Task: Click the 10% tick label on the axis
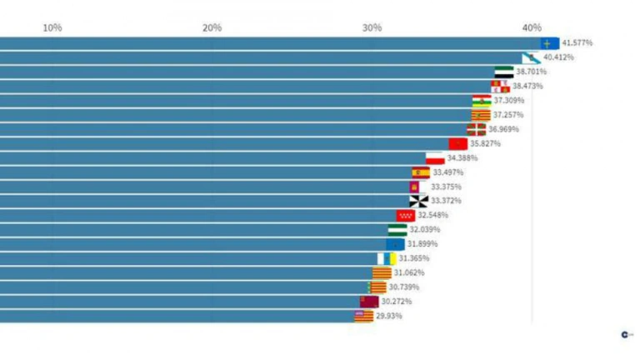(x=52, y=27)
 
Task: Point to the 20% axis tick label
(x=212, y=27)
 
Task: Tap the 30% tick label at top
(x=372, y=27)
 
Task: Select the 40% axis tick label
(x=532, y=27)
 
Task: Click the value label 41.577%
(x=577, y=42)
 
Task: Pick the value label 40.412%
(x=558, y=57)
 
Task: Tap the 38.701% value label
(x=531, y=72)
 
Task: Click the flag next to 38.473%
(x=500, y=86)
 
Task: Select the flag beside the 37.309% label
(x=482, y=101)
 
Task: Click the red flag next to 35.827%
(x=457, y=143)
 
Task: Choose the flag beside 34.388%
(x=435, y=157)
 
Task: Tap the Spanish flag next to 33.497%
(x=421, y=172)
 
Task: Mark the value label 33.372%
(x=446, y=201)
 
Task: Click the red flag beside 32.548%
(x=406, y=215)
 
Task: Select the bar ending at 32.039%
(x=192, y=229)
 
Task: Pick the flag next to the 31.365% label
(x=387, y=258)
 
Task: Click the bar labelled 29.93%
(x=175, y=316)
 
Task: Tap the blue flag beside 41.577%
(x=549, y=42)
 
